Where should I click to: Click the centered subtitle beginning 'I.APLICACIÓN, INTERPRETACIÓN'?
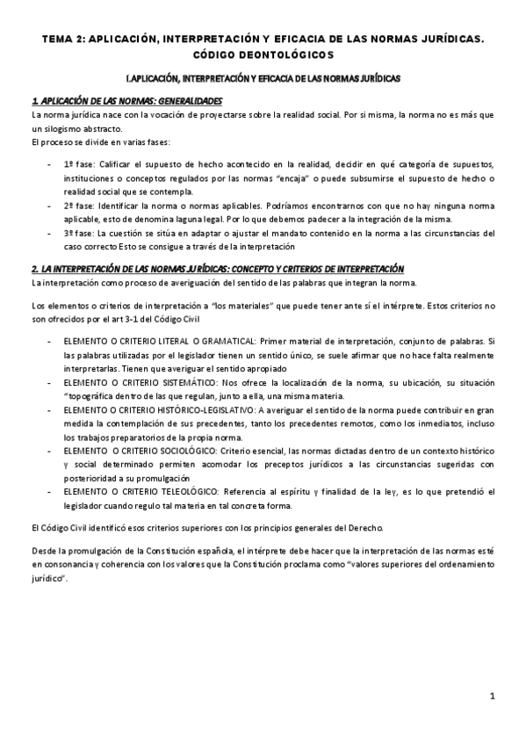pos(263,79)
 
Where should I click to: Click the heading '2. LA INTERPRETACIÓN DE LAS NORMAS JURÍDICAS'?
pos(141,269)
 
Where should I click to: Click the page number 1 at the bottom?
pos(494,697)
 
